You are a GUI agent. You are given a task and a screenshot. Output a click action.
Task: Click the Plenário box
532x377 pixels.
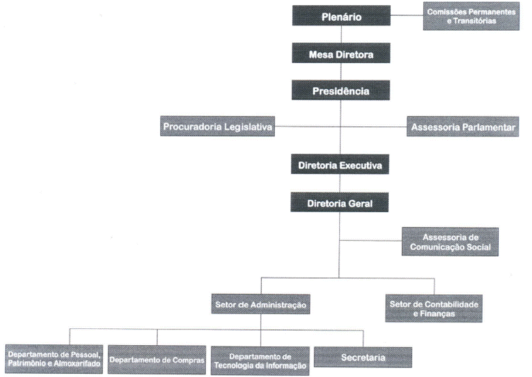pyautogui.click(x=341, y=16)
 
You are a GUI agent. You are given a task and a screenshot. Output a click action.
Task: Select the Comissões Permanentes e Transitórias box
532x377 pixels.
pyautogui.click(x=471, y=16)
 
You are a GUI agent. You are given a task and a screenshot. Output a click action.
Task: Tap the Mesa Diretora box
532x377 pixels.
pyautogui.click(x=341, y=54)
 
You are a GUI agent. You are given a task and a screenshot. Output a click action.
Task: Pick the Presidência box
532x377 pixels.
pyautogui.click(x=341, y=91)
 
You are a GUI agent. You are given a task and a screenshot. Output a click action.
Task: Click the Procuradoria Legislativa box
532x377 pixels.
pyautogui.click(x=217, y=126)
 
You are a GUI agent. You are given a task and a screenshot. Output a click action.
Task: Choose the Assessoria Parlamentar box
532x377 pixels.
pyautogui.click(x=463, y=127)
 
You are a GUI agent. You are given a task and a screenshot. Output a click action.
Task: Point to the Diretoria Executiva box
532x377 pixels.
pyautogui.click(x=341, y=165)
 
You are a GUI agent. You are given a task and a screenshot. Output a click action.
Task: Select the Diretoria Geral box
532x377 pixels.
pyautogui.click(x=341, y=203)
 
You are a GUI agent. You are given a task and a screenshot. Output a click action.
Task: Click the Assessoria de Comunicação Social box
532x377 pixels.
pyautogui.click(x=450, y=242)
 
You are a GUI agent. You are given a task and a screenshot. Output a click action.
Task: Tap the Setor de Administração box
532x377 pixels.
pyautogui.click(x=260, y=304)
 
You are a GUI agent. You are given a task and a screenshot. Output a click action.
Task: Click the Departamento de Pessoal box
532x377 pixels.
pyautogui.click(x=53, y=359)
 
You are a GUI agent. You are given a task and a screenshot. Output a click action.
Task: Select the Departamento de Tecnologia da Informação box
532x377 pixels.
pyautogui.click(x=260, y=360)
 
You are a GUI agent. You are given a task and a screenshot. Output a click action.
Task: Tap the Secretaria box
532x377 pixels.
pyautogui.click(x=363, y=357)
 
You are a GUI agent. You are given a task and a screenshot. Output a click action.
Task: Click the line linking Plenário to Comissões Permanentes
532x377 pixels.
pyautogui.click(x=406, y=16)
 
